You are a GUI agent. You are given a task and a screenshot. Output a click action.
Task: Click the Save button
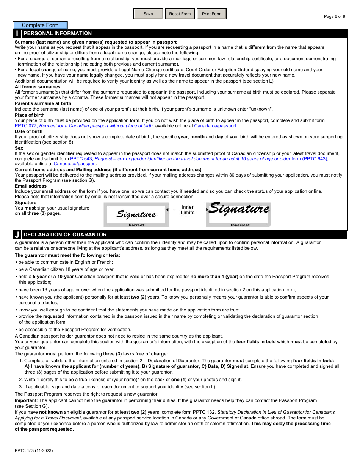click(148, 14)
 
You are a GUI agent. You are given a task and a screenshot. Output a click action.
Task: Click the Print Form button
click(211, 14)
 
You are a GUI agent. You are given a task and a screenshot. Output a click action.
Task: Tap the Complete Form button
click(40, 25)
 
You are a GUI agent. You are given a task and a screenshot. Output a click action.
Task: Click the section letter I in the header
click(17, 34)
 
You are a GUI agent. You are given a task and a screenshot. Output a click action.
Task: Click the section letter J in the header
click(17, 235)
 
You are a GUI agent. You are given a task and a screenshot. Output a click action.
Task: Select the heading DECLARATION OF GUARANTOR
click(65, 235)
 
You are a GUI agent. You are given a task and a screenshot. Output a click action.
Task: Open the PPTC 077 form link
click(111, 126)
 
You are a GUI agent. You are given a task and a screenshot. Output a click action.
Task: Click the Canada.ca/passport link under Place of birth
click(215, 126)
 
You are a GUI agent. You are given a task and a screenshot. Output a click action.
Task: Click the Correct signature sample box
click(136, 215)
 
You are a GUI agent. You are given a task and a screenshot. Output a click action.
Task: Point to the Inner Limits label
click(187, 210)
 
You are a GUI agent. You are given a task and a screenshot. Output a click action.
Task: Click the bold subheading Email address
click(31, 186)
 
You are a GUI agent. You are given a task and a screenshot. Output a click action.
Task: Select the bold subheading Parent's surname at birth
click(43, 103)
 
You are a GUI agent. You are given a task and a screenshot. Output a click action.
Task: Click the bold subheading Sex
click(19, 148)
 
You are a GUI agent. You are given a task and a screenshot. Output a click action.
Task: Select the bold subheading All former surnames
click(38, 87)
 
